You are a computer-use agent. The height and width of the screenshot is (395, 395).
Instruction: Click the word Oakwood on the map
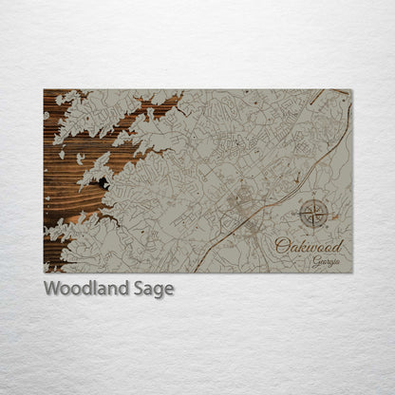tap(309, 246)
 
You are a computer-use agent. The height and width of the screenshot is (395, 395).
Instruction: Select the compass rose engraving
tap(314, 215)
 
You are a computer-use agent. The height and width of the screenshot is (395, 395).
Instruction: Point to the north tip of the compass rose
tap(314, 198)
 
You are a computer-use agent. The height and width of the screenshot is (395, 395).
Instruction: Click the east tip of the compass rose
tap(330, 215)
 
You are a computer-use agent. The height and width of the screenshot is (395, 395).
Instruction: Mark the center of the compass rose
tap(314, 215)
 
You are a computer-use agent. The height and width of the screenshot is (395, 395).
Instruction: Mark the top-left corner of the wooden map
tap(44, 90)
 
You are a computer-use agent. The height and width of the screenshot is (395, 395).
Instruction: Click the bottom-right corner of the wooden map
tap(351, 273)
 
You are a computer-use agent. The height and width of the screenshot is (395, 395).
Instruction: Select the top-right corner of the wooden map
tap(351, 90)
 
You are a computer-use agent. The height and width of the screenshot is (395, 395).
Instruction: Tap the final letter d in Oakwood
tap(339, 246)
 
